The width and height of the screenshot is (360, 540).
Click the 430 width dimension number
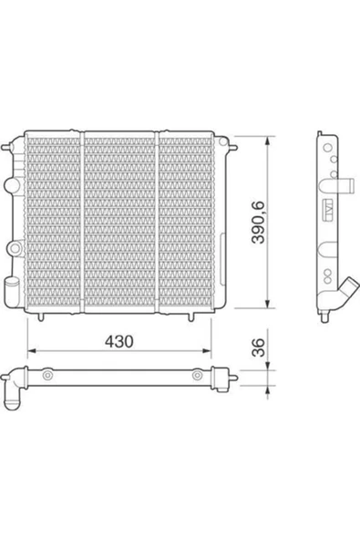click(x=118, y=341)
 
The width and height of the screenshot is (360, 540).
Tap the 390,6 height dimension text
click(x=258, y=223)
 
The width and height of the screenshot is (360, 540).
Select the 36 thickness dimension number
click(x=259, y=348)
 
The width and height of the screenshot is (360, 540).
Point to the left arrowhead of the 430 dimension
click(x=32, y=351)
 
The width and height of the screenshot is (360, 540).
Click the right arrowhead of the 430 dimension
click(x=207, y=351)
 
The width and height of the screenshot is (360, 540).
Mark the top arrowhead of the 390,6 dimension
click(x=268, y=140)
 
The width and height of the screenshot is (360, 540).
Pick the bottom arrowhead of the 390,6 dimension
click(x=268, y=304)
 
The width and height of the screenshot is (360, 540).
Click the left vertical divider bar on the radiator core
click(x=82, y=223)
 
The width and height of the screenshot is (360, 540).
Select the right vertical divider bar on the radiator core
click(x=157, y=223)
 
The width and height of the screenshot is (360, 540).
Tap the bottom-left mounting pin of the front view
click(x=41, y=317)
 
